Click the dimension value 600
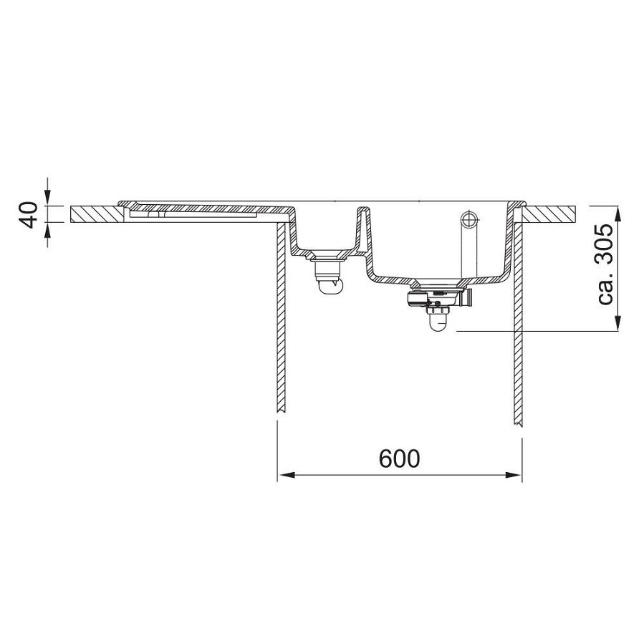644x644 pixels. click(399, 458)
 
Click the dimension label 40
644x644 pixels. click(29, 214)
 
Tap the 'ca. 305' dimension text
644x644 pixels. click(605, 264)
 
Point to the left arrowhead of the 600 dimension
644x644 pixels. click(287, 475)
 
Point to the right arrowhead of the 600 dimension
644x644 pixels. click(514, 475)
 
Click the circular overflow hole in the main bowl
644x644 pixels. click(468, 219)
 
